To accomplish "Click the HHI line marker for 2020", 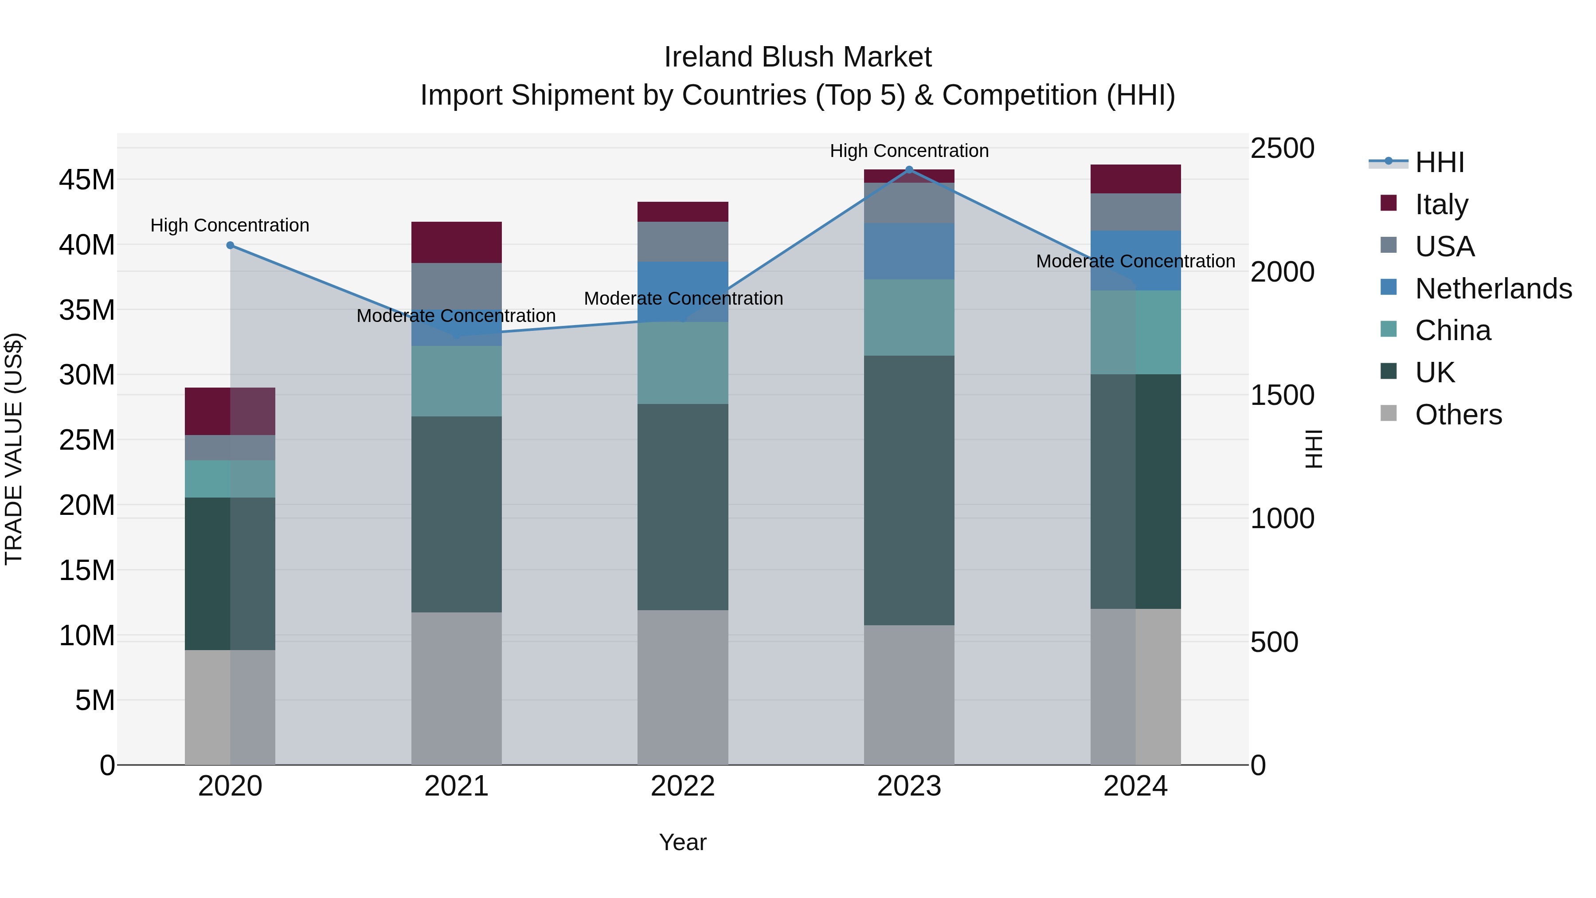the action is point(230,245).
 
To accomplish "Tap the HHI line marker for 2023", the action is point(909,170).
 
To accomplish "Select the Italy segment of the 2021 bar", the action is point(456,242).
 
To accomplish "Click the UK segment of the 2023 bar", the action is point(909,490).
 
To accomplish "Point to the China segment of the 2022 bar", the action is point(683,363).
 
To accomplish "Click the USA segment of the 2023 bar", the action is point(909,203).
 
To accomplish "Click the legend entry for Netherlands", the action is point(1493,289).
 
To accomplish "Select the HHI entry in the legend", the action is point(1439,162).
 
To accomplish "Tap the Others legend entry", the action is point(1458,415).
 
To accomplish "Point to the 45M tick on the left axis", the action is point(87,180).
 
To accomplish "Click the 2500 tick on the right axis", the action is point(1282,148).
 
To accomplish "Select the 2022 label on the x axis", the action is point(683,786).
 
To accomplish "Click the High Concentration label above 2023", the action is point(909,151).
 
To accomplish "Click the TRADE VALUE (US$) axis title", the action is point(14,449).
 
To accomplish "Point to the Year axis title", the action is point(683,842).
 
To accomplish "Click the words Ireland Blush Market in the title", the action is point(798,57).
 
